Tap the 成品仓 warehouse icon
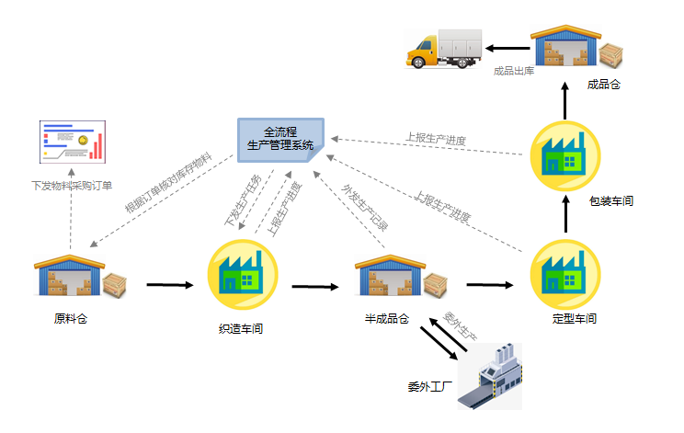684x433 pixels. pyautogui.click(x=575, y=47)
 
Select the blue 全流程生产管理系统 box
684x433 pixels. pyautogui.click(x=280, y=139)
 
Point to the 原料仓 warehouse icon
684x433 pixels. pyautogui.click(x=79, y=277)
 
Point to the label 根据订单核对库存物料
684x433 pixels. pyautogui.click(x=168, y=184)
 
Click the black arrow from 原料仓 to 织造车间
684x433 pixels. pyautogui.click(x=170, y=285)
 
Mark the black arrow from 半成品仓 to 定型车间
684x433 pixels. pyautogui.click(x=489, y=285)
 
